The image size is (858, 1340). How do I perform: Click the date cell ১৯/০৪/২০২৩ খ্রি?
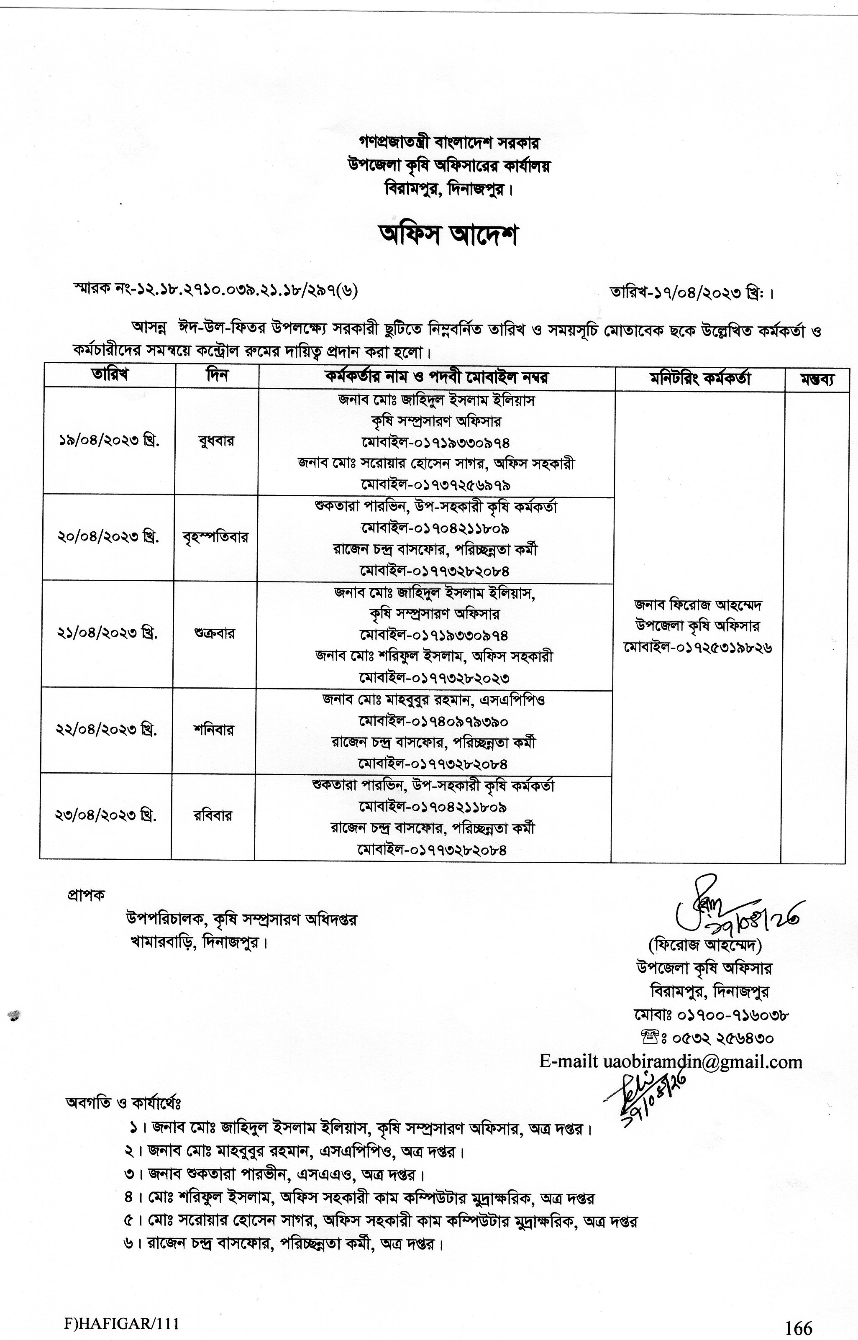pyautogui.click(x=109, y=441)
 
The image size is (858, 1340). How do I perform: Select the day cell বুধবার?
pyautogui.click(x=216, y=441)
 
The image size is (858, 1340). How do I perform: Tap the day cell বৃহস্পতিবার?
pyautogui.click(x=215, y=537)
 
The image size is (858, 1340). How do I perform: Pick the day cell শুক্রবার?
pyautogui.click(x=215, y=633)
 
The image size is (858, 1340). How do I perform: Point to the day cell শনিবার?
pyautogui.click(x=213, y=730)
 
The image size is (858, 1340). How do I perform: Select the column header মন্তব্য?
pyautogui.click(x=817, y=379)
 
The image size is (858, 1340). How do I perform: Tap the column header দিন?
pyautogui.click(x=217, y=376)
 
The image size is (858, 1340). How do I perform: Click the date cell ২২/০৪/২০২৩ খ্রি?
pyautogui.click(x=106, y=730)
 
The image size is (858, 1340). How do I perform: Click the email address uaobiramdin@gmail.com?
pyautogui.click(x=703, y=1061)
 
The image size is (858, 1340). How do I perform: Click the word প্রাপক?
pyautogui.click(x=85, y=894)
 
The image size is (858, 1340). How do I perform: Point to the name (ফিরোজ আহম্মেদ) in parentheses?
pyautogui.click(x=704, y=945)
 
